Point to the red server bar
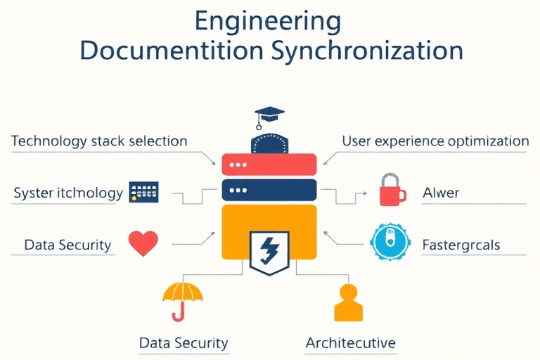coord(270,165)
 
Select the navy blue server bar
coord(270,190)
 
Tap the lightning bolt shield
coord(270,252)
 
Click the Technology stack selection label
coord(99,141)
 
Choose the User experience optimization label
coord(435,141)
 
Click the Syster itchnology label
coord(68,192)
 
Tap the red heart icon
coord(143,243)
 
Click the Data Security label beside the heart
coord(67,245)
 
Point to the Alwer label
coord(441,192)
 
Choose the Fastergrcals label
coord(461,245)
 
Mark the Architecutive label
coord(351,344)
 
